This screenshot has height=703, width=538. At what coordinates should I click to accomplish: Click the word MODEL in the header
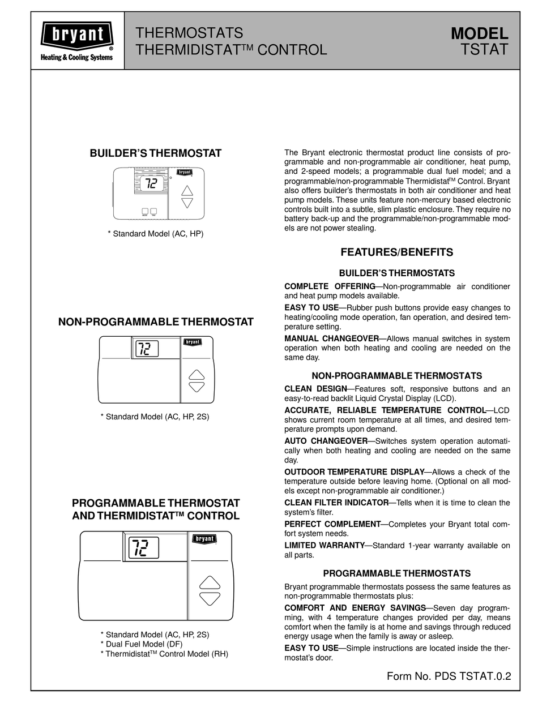(479, 35)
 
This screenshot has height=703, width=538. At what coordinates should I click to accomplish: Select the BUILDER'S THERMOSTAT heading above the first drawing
(156, 153)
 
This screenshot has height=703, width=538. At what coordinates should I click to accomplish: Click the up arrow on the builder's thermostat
(187, 190)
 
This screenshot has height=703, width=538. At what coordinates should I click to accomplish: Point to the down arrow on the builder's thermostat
(187, 203)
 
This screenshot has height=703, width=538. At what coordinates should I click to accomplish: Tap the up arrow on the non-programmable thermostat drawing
(197, 375)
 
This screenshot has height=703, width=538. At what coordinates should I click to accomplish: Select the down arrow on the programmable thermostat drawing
(210, 598)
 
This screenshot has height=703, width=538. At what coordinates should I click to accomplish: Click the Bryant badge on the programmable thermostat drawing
(204, 539)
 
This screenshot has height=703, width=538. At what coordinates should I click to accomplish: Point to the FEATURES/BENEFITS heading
(396, 252)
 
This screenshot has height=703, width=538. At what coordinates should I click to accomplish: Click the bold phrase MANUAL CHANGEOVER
(331, 338)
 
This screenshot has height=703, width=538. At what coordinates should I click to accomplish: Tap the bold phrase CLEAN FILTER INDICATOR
(336, 503)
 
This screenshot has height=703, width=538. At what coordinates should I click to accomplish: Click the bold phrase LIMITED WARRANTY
(324, 546)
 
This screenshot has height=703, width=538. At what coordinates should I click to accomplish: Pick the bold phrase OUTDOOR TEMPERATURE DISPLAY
(354, 472)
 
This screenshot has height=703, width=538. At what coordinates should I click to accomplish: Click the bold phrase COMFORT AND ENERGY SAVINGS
(355, 607)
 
